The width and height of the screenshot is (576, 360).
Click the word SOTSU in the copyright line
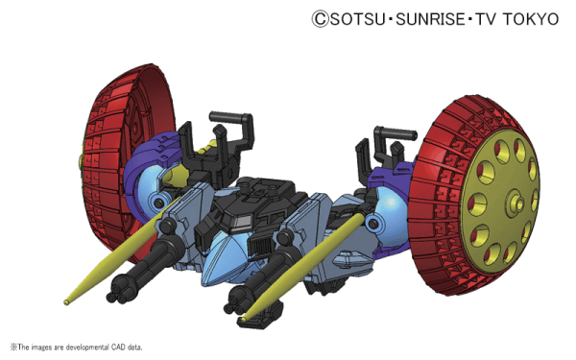[357, 19]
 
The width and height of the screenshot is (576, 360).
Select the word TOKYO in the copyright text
[531, 19]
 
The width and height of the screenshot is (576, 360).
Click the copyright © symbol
[321, 19]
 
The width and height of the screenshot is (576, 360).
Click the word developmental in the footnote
[86, 348]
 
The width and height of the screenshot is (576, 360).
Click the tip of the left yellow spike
[66, 302]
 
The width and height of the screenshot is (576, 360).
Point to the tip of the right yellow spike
[243, 320]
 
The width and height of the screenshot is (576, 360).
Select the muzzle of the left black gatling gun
[117, 296]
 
